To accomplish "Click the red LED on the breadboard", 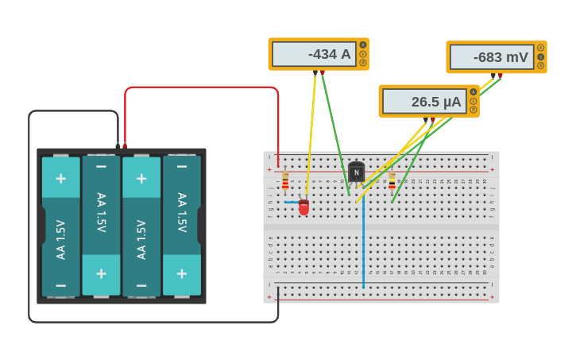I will click(303, 207).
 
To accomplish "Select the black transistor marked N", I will click(356, 172).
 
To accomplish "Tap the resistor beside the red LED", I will click(285, 183).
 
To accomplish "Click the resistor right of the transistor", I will click(392, 180).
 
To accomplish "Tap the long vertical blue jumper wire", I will click(363, 246).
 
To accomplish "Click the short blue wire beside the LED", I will click(292, 202).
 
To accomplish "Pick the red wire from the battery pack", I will click(199, 87).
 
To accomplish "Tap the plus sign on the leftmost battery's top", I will click(61, 177).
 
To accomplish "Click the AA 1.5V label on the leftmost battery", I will click(61, 239).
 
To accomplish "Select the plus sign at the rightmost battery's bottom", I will click(182, 274).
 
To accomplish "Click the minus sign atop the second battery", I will click(101, 166).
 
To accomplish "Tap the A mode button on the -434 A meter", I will click(363, 45).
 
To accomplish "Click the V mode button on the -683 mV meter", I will click(541, 56).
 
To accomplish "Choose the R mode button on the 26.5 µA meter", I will click(474, 110).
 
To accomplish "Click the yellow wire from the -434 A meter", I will click(311, 135).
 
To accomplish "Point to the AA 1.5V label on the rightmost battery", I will click(182, 212).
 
